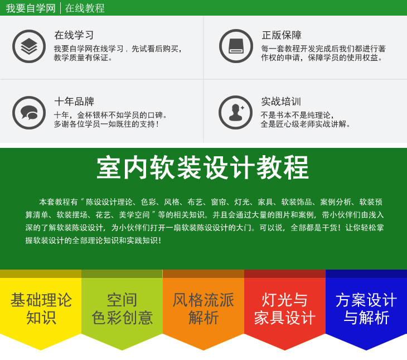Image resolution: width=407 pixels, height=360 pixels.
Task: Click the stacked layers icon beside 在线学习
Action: click(29, 46)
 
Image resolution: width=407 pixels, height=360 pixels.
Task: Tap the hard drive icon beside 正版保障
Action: click(236, 46)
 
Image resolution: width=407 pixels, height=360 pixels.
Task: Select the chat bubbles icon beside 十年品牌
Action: click(29, 113)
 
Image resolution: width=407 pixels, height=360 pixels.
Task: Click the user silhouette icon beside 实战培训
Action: click(236, 112)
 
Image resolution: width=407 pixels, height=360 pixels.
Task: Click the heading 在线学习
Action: click(74, 35)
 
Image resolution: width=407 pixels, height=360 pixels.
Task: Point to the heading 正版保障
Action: click(282, 35)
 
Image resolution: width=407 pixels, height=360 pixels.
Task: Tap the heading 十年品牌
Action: click(74, 102)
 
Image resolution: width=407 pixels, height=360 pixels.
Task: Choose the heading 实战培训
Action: click(281, 102)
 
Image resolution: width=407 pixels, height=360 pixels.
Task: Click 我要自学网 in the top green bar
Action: click(31, 8)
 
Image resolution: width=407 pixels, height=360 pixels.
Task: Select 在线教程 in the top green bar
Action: click(85, 8)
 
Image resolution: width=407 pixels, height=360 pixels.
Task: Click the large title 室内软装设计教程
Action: click(203, 167)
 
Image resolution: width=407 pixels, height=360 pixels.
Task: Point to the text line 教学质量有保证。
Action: click(83, 57)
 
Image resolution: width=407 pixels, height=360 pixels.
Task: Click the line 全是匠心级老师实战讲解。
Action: click(306, 124)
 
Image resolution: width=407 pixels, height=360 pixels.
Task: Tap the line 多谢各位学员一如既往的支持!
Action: click(106, 124)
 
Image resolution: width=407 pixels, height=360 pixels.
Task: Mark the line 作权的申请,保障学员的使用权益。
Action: click(322, 57)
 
